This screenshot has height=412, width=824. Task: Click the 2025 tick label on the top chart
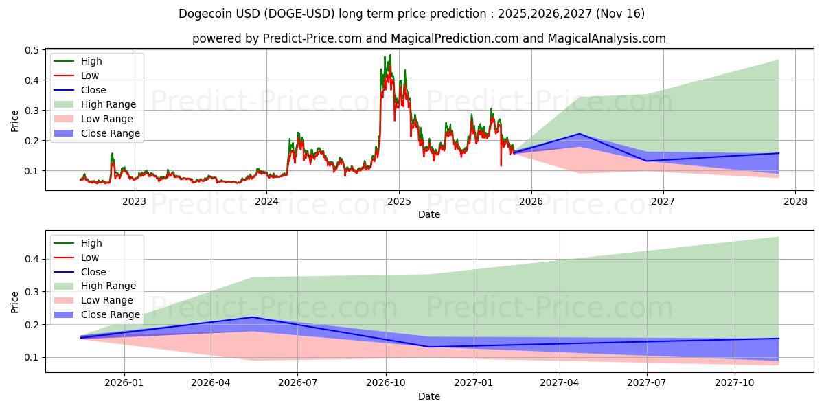pos(399,201)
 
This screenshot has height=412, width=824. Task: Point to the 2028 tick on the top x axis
pos(795,201)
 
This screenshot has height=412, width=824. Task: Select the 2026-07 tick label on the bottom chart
pos(297,382)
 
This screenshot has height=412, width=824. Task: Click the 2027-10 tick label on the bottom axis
pos(735,382)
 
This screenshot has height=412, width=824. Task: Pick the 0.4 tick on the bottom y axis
pos(33,259)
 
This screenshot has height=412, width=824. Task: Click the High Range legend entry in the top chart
pos(108,104)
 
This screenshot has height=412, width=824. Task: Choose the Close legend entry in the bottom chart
pos(93,272)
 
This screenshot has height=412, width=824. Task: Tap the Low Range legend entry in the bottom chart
pos(107,300)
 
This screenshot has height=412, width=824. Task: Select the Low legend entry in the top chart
pos(90,76)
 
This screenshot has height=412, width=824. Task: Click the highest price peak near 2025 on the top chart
pos(390,55)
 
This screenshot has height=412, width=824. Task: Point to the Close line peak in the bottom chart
pos(253,317)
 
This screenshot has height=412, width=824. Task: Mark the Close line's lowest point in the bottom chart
pos(429,347)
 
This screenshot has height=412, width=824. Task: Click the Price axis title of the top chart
pos(14,120)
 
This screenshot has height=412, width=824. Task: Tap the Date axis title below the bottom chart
pos(429,396)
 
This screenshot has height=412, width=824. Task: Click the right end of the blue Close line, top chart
pos(779,153)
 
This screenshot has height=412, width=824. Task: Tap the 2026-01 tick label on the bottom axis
pos(124,382)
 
